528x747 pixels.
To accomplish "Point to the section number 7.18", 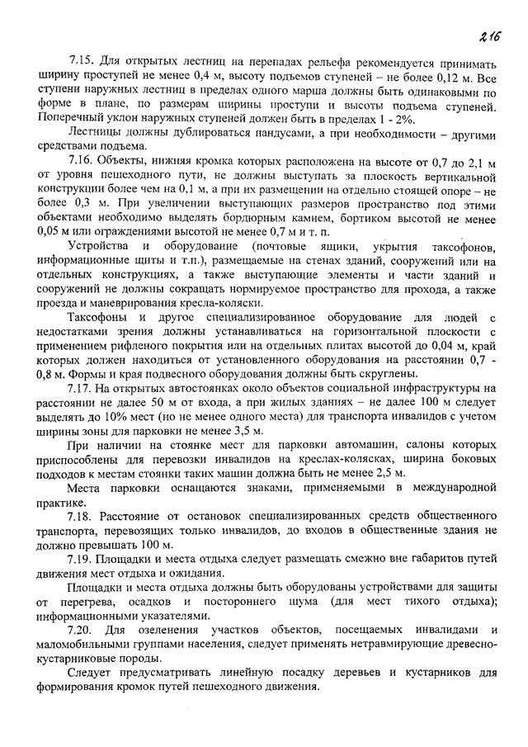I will tap(82, 516).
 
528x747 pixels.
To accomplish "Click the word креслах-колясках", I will tap(340, 460).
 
